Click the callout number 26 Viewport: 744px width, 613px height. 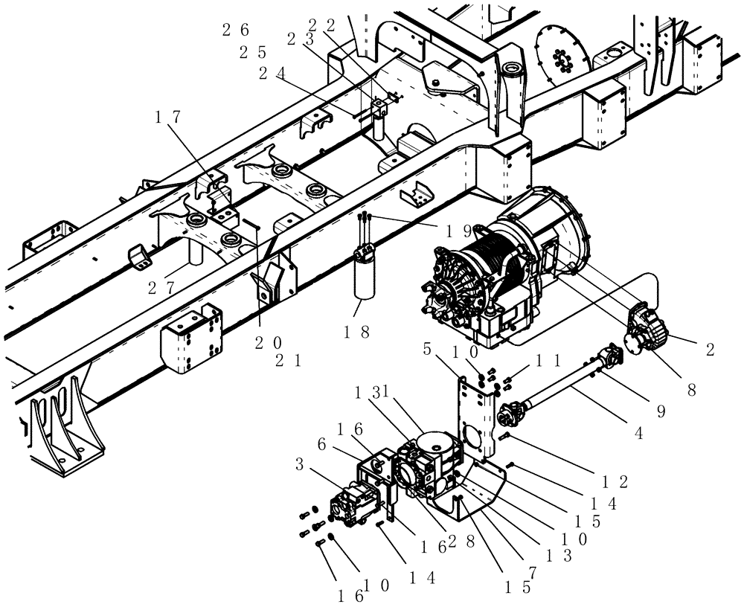click(x=235, y=31)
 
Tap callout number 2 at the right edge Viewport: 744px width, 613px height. click(x=710, y=350)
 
